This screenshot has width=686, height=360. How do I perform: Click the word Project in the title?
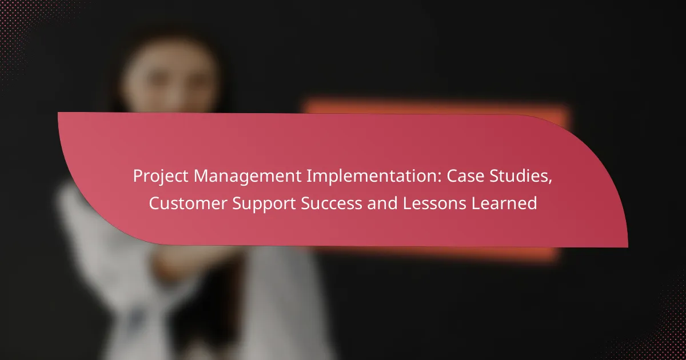tap(161, 177)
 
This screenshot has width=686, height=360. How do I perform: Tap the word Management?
tap(248, 177)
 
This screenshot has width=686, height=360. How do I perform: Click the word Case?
tap(465, 176)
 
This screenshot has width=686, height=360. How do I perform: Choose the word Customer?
tap(188, 203)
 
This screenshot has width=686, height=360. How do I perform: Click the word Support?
tap(264, 204)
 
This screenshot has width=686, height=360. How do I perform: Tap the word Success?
tap(332, 203)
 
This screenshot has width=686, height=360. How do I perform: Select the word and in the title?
tap(382, 203)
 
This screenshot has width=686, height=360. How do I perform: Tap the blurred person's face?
tap(170, 80)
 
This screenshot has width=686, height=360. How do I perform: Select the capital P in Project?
tap(138, 177)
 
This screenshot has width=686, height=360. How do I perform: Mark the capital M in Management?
tap(201, 177)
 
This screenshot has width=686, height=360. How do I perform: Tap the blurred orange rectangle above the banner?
tap(435, 106)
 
